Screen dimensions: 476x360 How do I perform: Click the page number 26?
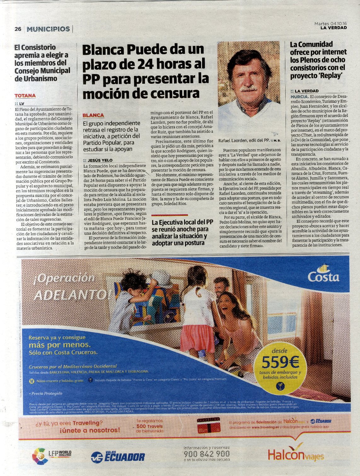click(18, 29)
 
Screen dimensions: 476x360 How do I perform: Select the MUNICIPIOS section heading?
click(48, 29)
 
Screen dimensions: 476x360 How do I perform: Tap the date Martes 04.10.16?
click(330, 23)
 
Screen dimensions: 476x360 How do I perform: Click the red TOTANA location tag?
click(25, 95)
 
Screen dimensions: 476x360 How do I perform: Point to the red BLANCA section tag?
click(93, 115)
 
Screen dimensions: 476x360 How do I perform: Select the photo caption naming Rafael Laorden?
click(244, 140)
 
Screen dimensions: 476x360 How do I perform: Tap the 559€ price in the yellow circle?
click(280, 363)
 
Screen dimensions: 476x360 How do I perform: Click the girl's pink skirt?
click(198, 338)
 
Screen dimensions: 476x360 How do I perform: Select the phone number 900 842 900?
click(206, 454)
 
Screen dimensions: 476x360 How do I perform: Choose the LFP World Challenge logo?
click(52, 456)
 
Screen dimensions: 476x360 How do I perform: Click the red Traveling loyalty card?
click(208, 426)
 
